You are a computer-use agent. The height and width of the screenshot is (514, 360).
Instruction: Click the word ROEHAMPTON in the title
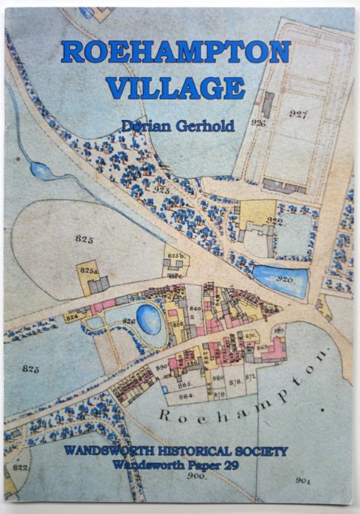click(176, 53)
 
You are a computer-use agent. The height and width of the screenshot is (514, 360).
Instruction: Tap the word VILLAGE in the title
click(176, 88)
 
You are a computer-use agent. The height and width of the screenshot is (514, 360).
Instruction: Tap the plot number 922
click(275, 220)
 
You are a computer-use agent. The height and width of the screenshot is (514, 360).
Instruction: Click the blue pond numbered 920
click(281, 279)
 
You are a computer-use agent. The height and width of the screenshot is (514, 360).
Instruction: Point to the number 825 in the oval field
click(84, 239)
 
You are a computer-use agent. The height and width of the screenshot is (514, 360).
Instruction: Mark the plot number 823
click(29, 369)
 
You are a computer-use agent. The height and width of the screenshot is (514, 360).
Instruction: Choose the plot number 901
click(303, 480)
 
